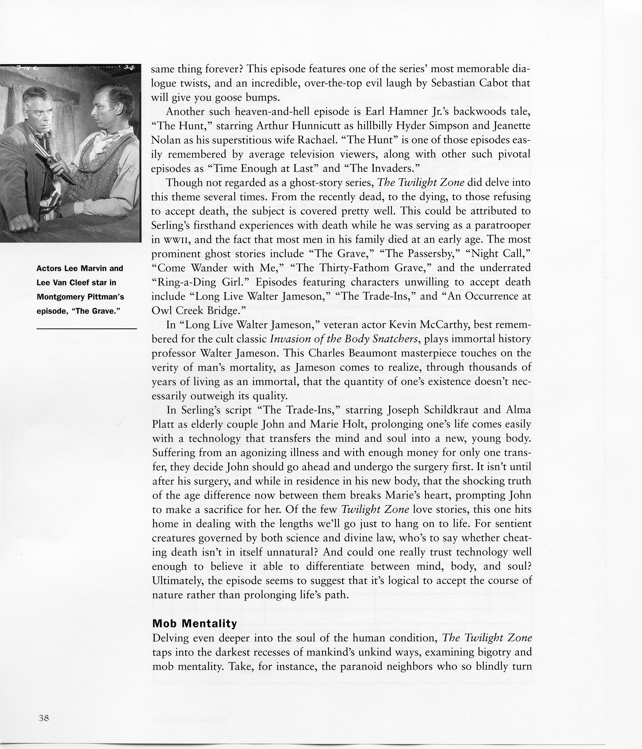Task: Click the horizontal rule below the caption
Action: coord(87,329)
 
